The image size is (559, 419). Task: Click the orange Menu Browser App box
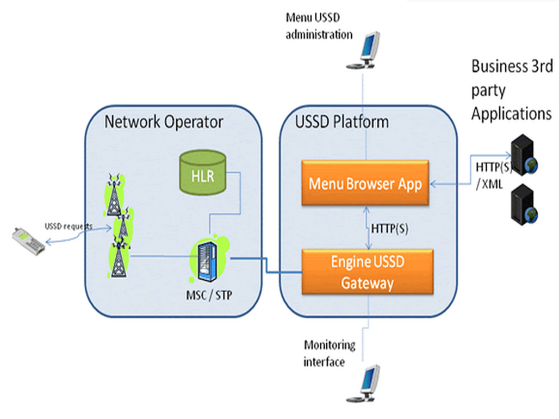[365, 183]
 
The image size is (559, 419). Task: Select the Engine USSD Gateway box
[368, 272]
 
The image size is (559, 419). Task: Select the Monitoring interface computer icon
[364, 384]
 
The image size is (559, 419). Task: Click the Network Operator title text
[163, 122]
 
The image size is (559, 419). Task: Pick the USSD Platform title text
[342, 122]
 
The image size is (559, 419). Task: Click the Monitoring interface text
[329, 353]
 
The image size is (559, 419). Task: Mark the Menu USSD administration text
[319, 26]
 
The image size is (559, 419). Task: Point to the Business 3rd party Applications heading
[511, 90]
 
